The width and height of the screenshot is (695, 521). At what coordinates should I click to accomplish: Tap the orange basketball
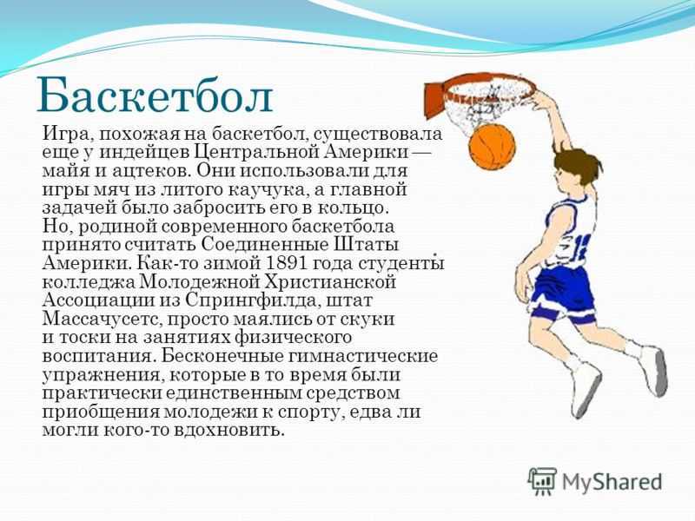tap(492, 146)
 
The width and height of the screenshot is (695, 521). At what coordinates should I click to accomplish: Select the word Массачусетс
tap(103, 319)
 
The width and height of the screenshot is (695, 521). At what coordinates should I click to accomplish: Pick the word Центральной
tap(257, 152)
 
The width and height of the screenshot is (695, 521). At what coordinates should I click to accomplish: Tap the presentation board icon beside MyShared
tap(542, 482)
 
